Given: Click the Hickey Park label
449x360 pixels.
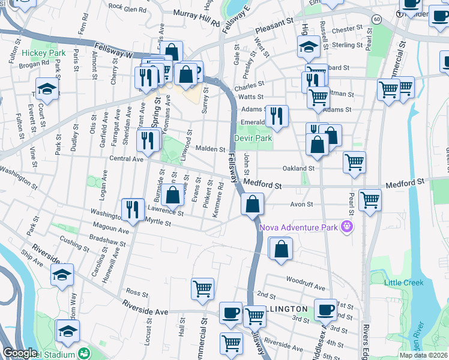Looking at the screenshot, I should (x=43, y=53).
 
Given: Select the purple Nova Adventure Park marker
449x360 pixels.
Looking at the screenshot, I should (x=345, y=227).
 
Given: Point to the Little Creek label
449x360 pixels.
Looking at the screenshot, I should (x=405, y=283).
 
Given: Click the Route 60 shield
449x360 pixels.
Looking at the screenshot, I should (x=376, y=20).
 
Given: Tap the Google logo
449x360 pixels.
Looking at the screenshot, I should (x=20, y=353).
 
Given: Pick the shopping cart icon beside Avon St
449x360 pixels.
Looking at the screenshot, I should (x=369, y=200).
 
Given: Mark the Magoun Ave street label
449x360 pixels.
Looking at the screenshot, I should (x=111, y=230).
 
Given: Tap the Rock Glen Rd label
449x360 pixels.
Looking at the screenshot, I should (x=127, y=9).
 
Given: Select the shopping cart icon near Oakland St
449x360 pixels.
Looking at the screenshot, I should (x=354, y=162).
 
